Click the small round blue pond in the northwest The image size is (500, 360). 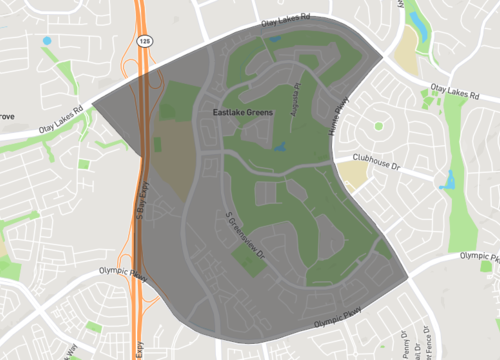[47, 41]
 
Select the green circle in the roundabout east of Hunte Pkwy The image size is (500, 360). [378, 125]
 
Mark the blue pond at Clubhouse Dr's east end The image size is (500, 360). [447, 180]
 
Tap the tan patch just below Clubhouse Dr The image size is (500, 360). [354, 177]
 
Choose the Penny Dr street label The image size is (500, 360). [407, 345]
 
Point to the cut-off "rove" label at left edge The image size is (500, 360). [7, 117]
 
